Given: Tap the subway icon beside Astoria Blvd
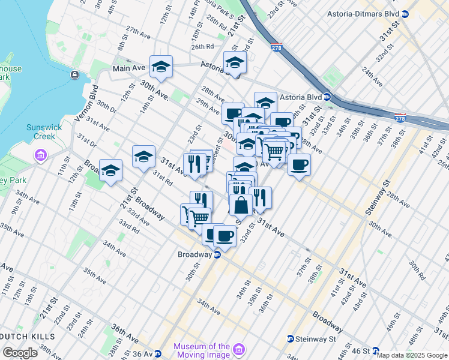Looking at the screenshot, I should click(x=327, y=97).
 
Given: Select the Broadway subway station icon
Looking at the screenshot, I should click(x=217, y=254).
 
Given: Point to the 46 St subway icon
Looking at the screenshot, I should click(x=376, y=350).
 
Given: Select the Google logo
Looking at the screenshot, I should click(x=20, y=353).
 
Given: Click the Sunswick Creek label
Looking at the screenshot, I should click(x=41, y=132).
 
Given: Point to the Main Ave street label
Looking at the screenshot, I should click(x=129, y=68).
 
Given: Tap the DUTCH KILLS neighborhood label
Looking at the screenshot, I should click(x=28, y=337).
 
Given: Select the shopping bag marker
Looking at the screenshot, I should click(x=241, y=205).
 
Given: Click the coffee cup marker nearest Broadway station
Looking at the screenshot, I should click(x=224, y=236).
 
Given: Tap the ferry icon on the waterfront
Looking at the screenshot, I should click(x=74, y=74).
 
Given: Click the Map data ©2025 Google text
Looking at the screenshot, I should click(x=412, y=355).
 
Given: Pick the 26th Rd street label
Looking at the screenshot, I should click(x=202, y=46).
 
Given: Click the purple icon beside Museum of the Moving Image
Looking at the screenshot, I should click(x=238, y=349).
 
